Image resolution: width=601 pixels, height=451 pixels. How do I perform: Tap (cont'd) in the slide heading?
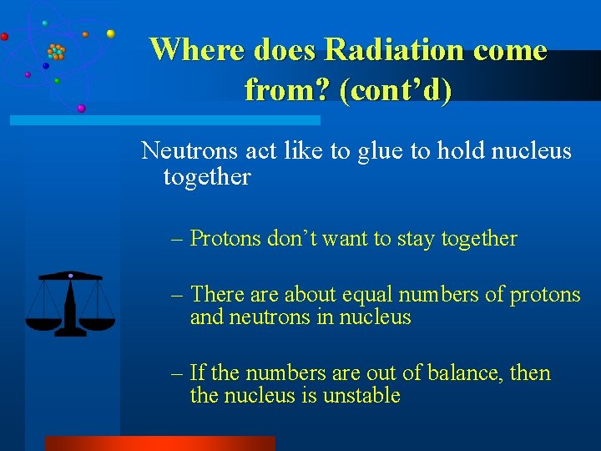click(396, 89)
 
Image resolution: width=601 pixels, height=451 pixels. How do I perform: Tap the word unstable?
click(359, 396)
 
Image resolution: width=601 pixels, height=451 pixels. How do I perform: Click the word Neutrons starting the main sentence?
click(189, 151)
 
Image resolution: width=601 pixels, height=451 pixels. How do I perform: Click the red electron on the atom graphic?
click(4, 37)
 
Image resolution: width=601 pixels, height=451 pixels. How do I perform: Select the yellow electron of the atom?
click(110, 33)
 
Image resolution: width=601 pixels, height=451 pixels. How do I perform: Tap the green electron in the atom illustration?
click(56, 81)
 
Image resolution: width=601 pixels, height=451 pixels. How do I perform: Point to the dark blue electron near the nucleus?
click(46, 65)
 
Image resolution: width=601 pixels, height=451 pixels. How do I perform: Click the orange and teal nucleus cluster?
click(56, 52)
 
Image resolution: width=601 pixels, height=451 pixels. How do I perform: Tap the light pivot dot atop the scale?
click(70, 275)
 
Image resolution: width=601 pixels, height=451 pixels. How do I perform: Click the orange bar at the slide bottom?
click(159, 443)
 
